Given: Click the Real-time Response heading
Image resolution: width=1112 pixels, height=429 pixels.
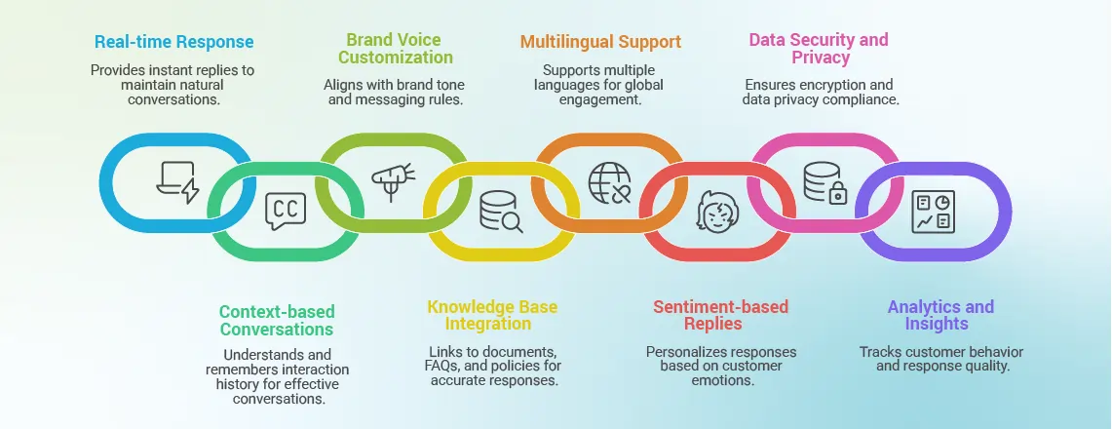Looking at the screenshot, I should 173,42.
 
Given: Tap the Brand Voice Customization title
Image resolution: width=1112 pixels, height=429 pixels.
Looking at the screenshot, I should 396,49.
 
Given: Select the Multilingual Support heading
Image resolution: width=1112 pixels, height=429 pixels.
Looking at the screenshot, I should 600,42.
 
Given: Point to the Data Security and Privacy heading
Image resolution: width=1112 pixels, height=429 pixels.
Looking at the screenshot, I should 819,49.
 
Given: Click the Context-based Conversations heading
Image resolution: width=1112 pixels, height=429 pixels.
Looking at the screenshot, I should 277,321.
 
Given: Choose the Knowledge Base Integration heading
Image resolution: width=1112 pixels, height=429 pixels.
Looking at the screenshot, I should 492,316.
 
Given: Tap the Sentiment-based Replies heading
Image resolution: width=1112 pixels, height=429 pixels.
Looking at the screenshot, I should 720,316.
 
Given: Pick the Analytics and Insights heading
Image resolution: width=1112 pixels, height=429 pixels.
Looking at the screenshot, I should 940,316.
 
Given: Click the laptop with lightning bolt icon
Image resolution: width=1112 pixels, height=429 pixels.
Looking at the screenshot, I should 177,182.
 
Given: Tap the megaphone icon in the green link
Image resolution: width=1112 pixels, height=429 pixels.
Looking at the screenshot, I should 392,182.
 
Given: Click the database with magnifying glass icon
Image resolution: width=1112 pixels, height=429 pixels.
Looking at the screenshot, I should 500,211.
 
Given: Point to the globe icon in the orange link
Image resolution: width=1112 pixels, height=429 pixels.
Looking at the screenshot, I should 609,182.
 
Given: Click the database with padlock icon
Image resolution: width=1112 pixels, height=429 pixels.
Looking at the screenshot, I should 824,182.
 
